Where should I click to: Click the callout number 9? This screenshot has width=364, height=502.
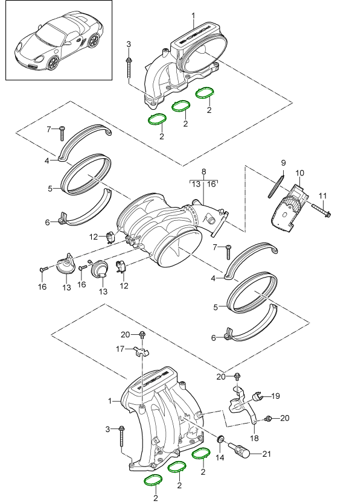[x=281, y=164]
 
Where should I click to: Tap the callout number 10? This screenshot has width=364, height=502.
[x=299, y=174]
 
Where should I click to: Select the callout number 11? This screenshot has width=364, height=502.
[x=322, y=195]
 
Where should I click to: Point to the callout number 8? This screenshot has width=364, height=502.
[x=203, y=172]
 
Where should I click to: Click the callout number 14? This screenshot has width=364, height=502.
[x=220, y=458]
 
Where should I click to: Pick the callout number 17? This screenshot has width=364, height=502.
[x=120, y=348]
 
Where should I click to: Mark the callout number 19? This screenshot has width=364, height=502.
[x=275, y=396]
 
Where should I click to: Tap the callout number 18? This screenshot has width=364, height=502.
[x=254, y=438]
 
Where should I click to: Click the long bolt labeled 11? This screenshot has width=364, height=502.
[x=318, y=211]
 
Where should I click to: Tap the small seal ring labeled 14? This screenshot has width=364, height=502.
[x=221, y=439]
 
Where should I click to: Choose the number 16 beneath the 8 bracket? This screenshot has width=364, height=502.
[x=212, y=185]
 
